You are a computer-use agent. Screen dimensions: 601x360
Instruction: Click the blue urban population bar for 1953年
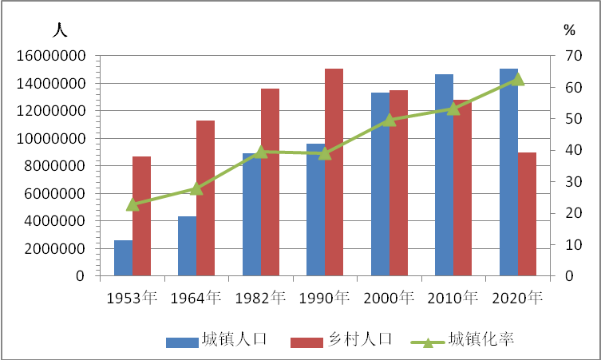tap(124, 258)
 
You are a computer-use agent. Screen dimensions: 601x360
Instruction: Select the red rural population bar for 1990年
tap(334, 172)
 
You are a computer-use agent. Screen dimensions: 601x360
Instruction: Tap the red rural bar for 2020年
tap(527, 214)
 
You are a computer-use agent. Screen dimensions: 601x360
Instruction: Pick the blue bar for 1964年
tap(187, 246)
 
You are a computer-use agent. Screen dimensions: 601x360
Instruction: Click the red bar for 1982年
tap(271, 182)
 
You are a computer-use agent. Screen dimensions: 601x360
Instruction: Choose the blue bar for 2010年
tap(444, 175)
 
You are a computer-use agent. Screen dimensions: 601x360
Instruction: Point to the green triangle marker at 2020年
tap(518, 79)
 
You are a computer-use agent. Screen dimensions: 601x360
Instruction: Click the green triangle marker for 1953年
tap(132, 204)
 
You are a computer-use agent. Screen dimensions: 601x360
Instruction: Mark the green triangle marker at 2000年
tap(389, 120)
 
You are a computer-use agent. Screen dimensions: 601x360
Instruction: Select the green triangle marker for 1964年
tap(196, 188)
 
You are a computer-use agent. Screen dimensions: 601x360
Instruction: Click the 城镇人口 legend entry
tap(216, 340)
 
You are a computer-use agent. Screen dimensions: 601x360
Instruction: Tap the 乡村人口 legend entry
tap(342, 340)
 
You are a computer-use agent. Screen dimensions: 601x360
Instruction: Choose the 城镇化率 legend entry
tap(462, 340)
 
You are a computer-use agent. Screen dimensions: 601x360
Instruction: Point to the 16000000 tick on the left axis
tap(51, 56)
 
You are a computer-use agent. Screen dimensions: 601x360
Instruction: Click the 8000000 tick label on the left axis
tap(55, 166)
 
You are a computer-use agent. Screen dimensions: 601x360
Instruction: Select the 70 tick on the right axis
tap(574, 56)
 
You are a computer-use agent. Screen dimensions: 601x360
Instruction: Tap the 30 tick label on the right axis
tap(574, 181)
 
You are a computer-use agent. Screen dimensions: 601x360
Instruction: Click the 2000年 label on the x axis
tap(389, 298)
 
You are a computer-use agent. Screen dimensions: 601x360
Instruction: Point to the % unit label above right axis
tap(570, 30)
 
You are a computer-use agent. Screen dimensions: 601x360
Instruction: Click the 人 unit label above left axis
tap(60, 30)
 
